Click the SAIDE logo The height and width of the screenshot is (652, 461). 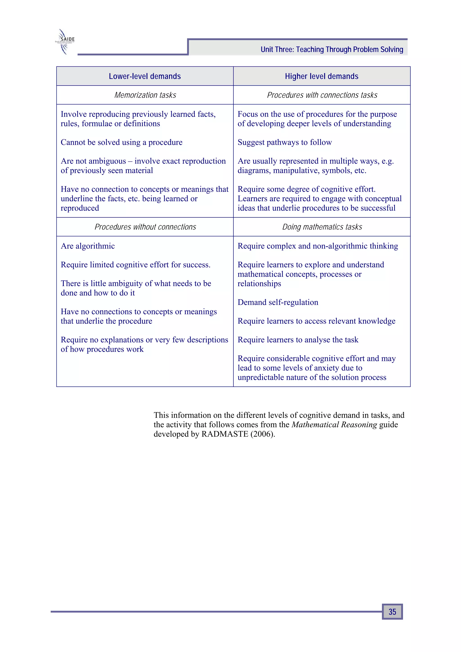click(x=65, y=41)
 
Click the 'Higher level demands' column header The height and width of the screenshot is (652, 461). click(x=321, y=76)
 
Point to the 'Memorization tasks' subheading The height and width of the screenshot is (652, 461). click(x=145, y=95)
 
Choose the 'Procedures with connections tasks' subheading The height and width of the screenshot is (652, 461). click(x=322, y=95)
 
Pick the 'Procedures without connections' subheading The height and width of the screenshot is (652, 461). click(x=145, y=227)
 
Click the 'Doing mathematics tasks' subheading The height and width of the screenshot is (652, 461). click(x=322, y=227)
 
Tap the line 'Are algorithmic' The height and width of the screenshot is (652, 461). click(x=88, y=246)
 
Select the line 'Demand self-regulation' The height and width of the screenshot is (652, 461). click(x=278, y=302)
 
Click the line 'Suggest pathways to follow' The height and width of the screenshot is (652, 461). click(x=285, y=142)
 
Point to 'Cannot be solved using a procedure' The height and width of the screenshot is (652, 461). click(x=122, y=142)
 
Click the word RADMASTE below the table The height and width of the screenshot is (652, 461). click(x=225, y=434)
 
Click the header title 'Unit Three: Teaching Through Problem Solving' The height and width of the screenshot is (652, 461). click(x=332, y=50)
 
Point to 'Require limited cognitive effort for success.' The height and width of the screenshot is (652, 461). click(x=136, y=265)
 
